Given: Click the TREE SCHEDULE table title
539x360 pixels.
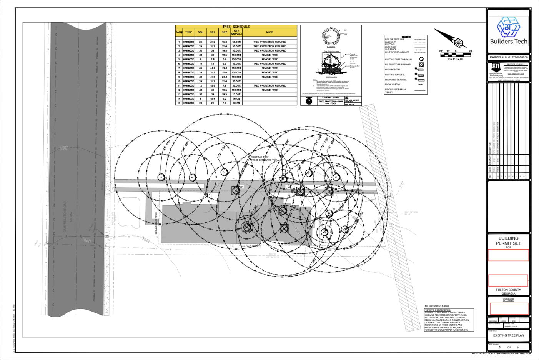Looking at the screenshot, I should point(236,27).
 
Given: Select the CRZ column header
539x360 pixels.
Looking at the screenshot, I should point(212,32).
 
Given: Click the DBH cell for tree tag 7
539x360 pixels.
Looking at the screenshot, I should point(200,68).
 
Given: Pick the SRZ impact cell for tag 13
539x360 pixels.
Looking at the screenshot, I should point(236,94).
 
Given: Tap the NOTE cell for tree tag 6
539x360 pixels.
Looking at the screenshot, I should point(269,64).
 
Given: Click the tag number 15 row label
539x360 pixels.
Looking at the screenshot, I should point(179,103).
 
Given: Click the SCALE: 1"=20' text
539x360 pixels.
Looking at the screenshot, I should point(456,59).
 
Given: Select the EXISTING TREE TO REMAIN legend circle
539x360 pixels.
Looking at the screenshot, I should point(421,59).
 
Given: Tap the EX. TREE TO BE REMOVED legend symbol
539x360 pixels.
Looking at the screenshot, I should point(421,65).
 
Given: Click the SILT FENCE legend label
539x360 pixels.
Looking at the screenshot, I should point(391,50).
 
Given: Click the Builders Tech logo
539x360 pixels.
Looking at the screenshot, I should point(508,31).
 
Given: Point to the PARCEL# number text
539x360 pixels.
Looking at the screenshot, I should point(508,57).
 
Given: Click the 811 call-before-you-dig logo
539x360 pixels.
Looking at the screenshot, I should point(496,67).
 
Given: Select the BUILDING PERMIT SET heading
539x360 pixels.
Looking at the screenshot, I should point(508,241).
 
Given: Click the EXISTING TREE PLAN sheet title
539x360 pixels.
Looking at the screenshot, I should point(508,335).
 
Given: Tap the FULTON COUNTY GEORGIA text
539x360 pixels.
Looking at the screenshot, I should point(508,292).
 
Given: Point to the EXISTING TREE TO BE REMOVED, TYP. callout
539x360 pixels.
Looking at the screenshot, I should point(263,158).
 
